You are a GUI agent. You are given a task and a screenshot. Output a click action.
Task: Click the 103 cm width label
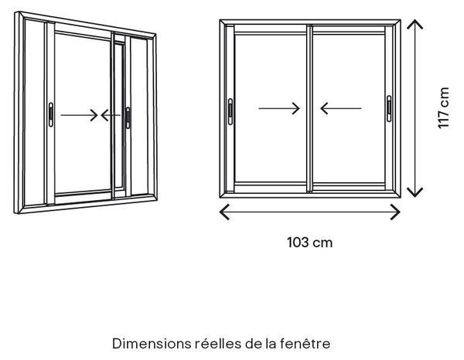[310, 243]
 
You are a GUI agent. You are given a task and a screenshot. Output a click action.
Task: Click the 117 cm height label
[443, 108]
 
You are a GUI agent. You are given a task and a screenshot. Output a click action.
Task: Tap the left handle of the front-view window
[230, 111]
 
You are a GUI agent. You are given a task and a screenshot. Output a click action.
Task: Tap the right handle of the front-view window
[389, 108]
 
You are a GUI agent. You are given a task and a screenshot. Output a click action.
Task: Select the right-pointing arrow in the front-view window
[279, 108]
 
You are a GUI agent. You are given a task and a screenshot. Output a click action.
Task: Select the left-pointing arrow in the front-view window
[341, 108]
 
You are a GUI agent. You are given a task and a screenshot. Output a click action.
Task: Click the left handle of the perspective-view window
[51, 114]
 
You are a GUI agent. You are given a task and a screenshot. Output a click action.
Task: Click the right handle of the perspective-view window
[128, 117]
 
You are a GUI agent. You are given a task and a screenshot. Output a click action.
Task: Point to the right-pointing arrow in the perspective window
[79, 115]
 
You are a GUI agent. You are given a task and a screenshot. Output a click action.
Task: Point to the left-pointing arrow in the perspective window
[111, 115]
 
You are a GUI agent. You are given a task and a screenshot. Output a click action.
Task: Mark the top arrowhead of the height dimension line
[415, 21]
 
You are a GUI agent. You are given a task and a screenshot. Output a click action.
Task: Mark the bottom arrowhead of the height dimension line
[415, 196]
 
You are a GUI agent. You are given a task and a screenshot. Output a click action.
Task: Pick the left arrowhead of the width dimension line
[220, 212]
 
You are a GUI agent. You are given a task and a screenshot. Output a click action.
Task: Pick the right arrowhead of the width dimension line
[400, 212]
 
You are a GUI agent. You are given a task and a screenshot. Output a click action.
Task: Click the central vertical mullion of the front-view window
[310, 108]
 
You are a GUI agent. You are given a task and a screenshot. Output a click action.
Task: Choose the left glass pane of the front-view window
[271, 108]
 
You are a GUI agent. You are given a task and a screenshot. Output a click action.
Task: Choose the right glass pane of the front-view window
[349, 107]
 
